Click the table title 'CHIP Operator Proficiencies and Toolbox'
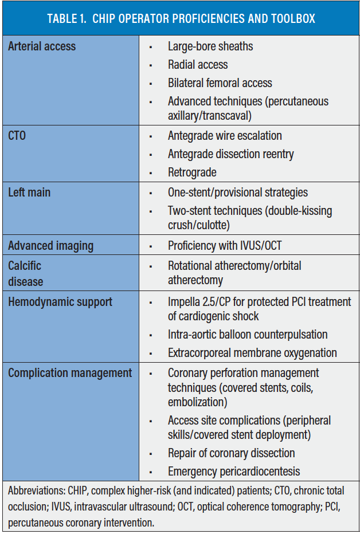[x=181, y=18]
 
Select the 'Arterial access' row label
[x=42, y=46]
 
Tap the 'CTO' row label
[x=17, y=136]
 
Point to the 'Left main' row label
[x=29, y=193]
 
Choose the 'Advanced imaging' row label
[x=51, y=246]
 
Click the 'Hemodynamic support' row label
[x=60, y=302]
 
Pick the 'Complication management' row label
[x=70, y=373]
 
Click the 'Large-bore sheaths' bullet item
[x=210, y=46]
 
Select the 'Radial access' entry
[x=198, y=65]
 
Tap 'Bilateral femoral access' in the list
[x=220, y=83]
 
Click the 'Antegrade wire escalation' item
[x=225, y=136]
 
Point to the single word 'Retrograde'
[x=192, y=172]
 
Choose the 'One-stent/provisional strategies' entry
[x=238, y=193]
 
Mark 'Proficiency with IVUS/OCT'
[x=225, y=246]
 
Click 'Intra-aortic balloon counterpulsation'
[x=248, y=335]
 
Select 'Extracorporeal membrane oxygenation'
[x=252, y=353]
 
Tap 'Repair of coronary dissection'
[x=231, y=453]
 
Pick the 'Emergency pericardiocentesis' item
[x=234, y=472]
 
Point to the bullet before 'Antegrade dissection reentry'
[x=151, y=155]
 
